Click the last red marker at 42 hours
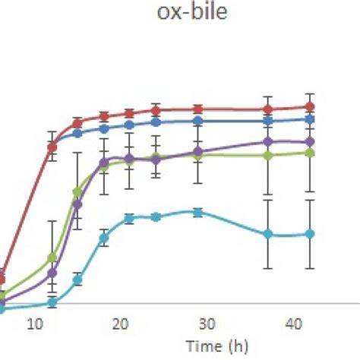tap(309, 107)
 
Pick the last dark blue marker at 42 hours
tap(309, 119)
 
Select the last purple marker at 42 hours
tap(309, 142)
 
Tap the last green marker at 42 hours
tap(309, 153)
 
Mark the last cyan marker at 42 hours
tap(309, 234)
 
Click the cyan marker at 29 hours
tap(197, 213)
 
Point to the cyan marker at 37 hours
tap(267, 234)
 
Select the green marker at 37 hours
tap(267, 155)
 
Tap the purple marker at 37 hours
tap(267, 141)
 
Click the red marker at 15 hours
tap(77, 122)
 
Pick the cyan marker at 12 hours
tap(52, 302)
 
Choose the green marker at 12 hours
tap(52, 258)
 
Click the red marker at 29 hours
tap(197, 109)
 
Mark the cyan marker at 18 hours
tap(103, 238)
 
